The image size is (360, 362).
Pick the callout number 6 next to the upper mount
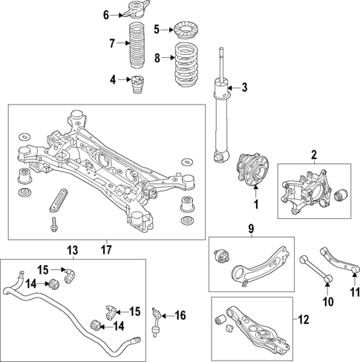tap(105, 15)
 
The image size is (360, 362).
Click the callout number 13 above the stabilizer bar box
tap(72, 249)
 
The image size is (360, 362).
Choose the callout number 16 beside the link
tap(179, 316)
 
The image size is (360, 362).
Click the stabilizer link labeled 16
tap(157, 317)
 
